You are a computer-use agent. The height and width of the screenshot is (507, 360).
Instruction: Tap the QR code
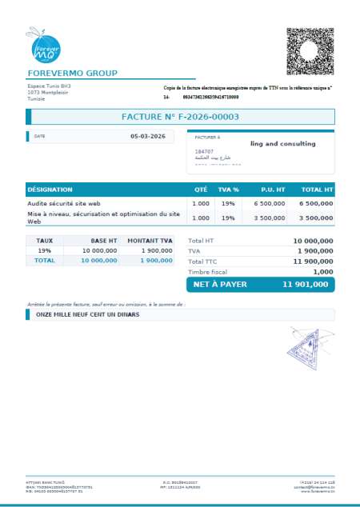pyautogui.click(x=310, y=50)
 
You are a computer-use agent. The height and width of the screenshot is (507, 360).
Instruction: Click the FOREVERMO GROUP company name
pyautogui.click(x=72, y=74)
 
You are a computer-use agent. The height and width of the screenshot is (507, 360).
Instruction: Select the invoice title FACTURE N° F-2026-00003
pyautogui.click(x=180, y=117)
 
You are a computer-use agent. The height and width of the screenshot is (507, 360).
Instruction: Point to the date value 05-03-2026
pyautogui.click(x=147, y=137)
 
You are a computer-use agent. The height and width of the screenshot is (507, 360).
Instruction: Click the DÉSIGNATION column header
pyautogui.click(x=50, y=190)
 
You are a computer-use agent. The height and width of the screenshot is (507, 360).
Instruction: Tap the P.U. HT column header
pyautogui.click(x=273, y=190)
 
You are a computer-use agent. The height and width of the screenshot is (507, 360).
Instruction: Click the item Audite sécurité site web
pyautogui.click(x=64, y=204)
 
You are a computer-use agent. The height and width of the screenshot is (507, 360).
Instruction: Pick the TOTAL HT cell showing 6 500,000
pyautogui.click(x=316, y=204)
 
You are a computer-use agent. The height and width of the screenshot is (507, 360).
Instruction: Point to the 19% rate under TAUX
pyautogui.click(x=44, y=250)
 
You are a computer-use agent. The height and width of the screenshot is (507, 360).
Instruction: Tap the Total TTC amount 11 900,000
pyautogui.click(x=313, y=261)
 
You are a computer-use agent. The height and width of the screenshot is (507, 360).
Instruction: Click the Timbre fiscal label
pyautogui.click(x=207, y=272)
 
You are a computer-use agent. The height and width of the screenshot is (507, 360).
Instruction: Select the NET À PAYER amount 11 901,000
pyautogui.click(x=307, y=285)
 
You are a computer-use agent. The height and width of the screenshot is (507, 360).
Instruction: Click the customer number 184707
pyautogui.click(x=204, y=151)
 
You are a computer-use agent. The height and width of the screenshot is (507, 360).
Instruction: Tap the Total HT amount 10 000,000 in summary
pyautogui.click(x=313, y=241)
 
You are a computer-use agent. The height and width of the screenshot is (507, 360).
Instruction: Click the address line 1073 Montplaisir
pyautogui.click(x=46, y=92)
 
